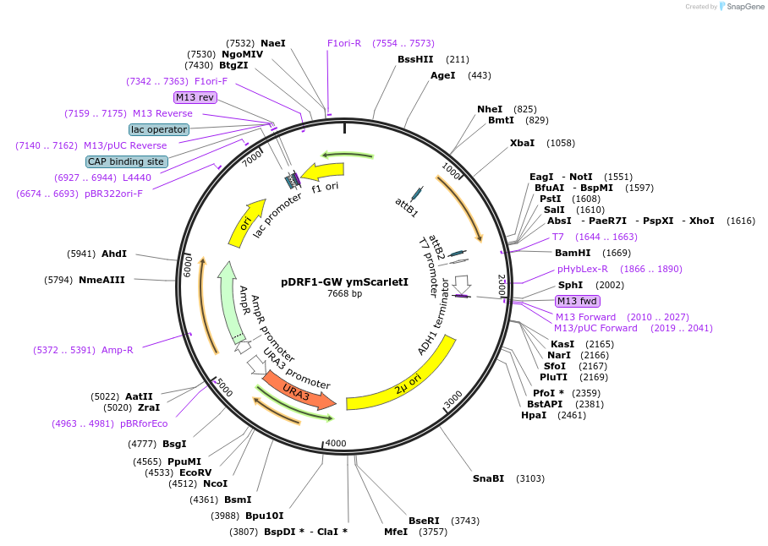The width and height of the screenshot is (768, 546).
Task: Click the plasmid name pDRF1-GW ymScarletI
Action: coord(344,281)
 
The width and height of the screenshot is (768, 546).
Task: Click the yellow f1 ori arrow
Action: coord(323,172)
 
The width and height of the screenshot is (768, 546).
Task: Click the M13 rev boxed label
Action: coord(195,97)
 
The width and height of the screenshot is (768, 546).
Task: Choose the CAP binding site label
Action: coord(126,161)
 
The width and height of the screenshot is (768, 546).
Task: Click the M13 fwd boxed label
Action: coord(577,301)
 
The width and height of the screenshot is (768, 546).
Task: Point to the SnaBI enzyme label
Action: coord(488,478)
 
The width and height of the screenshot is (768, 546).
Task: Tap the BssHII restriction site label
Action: coord(415,59)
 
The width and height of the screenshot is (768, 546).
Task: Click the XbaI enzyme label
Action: coord(522,143)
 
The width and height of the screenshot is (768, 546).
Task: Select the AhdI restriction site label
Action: coord(114,254)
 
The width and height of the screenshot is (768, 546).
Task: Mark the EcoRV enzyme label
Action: coord(195,472)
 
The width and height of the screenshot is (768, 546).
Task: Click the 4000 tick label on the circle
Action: coord(336,443)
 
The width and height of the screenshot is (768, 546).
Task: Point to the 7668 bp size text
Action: coord(344,293)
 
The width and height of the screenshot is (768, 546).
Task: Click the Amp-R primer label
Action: coord(118,350)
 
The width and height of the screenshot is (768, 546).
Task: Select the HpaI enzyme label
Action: coord(534,415)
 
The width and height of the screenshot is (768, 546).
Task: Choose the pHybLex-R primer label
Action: coord(583,269)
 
